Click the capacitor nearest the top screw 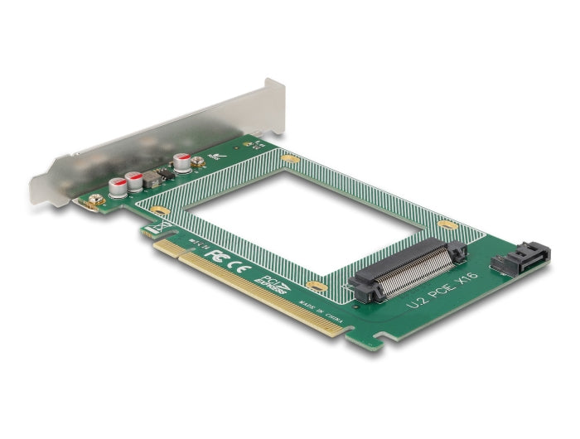(182, 161)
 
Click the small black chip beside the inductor (167, 171)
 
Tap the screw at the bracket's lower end (95, 200)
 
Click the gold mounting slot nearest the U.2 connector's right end (447, 225)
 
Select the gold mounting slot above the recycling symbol (161, 211)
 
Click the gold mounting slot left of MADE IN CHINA (313, 286)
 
